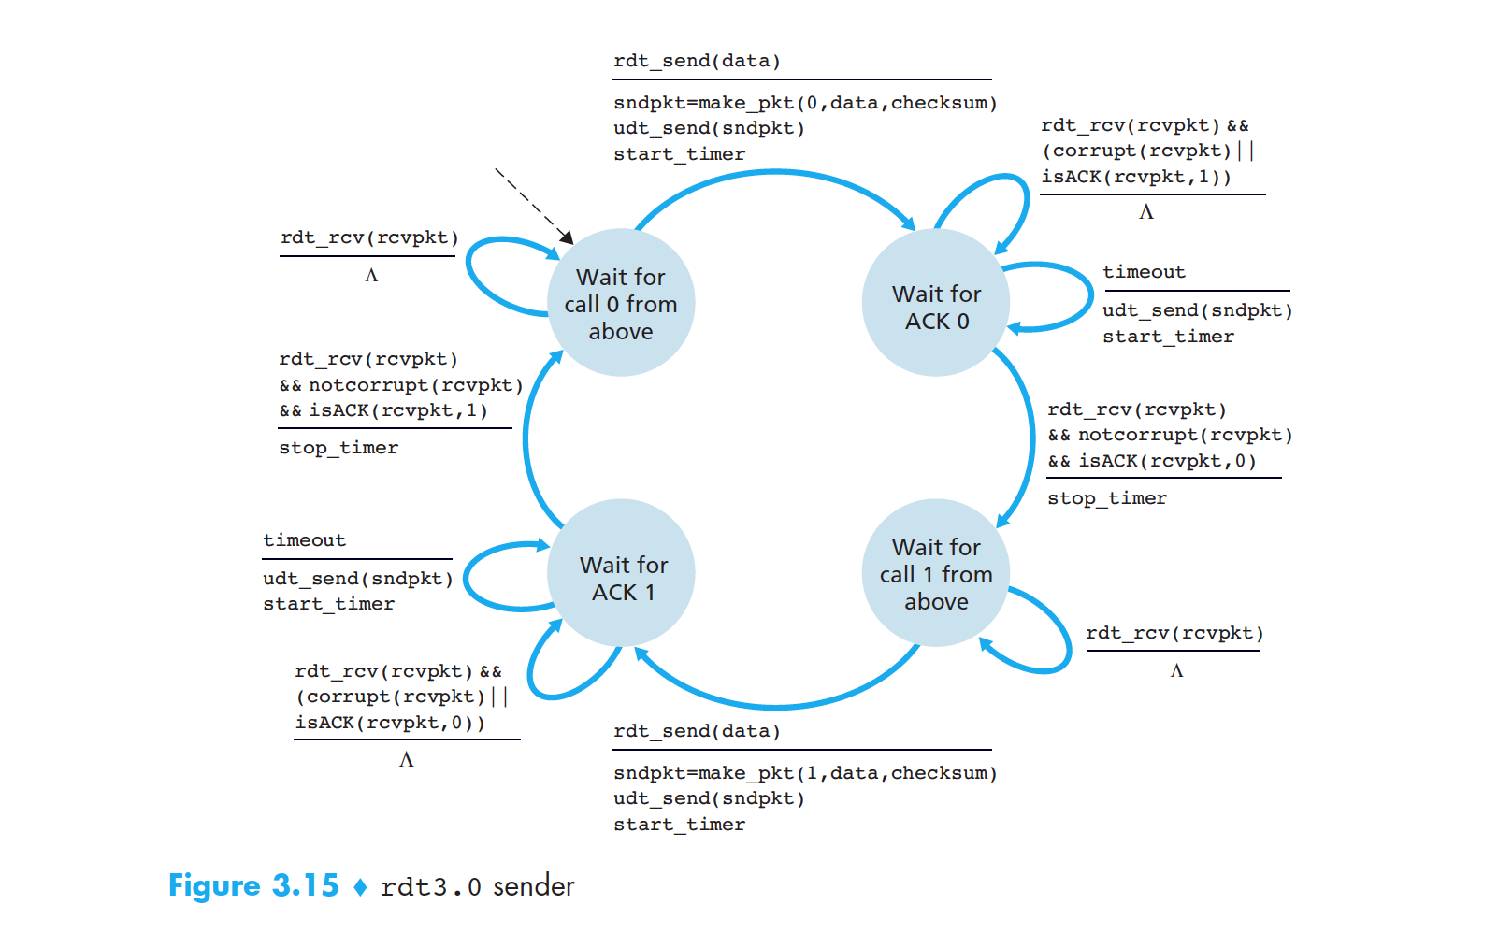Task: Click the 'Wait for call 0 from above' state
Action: tap(620, 303)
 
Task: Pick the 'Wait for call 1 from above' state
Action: tap(936, 573)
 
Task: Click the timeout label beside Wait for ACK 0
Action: tap(1144, 272)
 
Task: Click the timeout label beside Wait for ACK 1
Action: tap(304, 540)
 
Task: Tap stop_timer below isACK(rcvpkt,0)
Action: tap(1106, 498)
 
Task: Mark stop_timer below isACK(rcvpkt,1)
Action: tap(338, 448)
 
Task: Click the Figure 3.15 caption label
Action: tap(253, 885)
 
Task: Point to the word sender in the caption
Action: tap(533, 886)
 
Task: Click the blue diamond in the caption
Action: tap(360, 886)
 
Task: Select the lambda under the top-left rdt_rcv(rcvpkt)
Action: tap(371, 275)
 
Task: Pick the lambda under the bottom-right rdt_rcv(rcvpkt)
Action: tap(1176, 670)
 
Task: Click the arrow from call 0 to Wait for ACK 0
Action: tap(776, 173)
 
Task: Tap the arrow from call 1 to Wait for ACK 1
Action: tap(776, 704)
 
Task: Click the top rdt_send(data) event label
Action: tap(697, 61)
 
